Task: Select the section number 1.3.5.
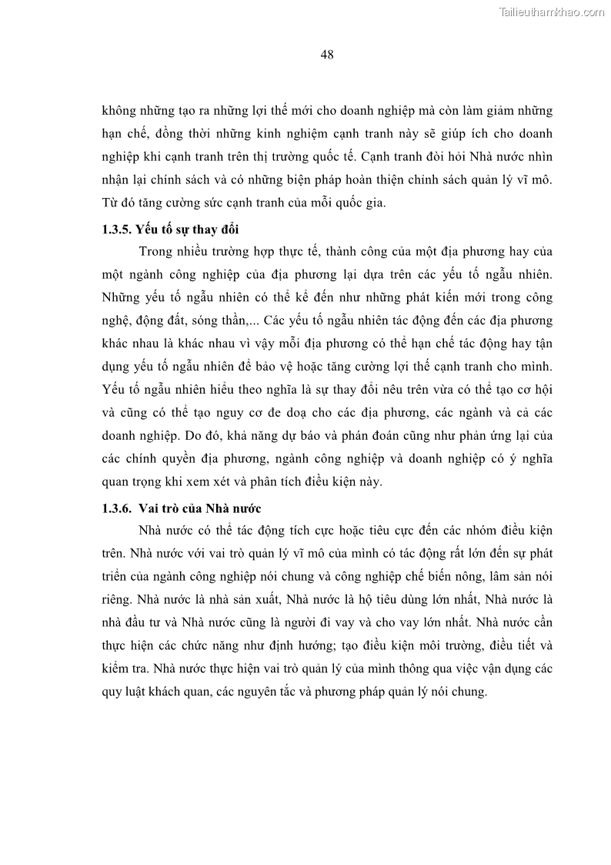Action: [117, 230]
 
